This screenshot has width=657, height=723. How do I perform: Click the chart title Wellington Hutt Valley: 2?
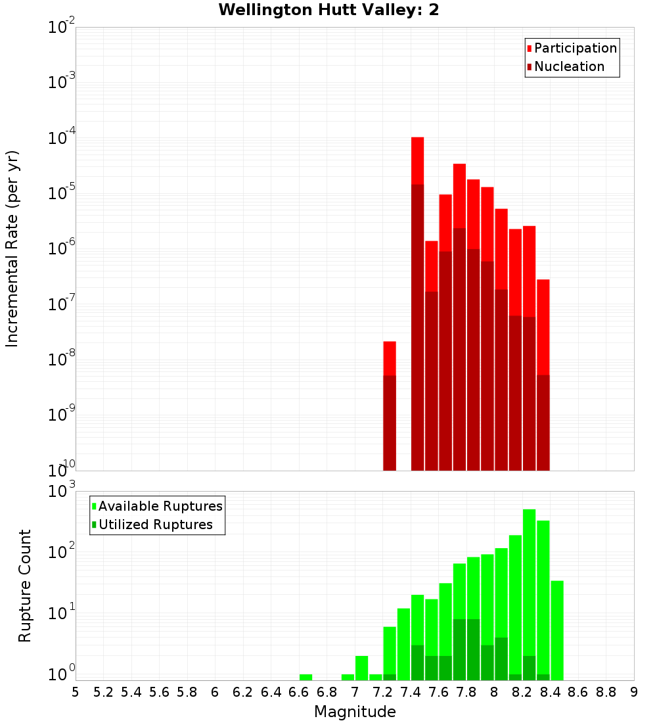coord(328,10)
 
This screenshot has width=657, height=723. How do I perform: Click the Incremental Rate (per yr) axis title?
coord(12,248)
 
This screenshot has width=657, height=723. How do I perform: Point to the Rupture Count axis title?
coord(25,586)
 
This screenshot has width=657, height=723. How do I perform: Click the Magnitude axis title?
coord(355,712)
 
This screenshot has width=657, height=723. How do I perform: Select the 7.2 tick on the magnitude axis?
coord(382,692)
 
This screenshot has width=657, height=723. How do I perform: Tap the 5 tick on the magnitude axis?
coord(76,692)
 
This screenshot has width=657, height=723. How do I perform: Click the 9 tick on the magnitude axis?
coord(634,692)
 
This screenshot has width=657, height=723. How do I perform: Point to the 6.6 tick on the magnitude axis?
coord(299,692)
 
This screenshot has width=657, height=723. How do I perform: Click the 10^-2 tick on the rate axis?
coord(62,28)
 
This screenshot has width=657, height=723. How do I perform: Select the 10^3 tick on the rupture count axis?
coord(62,492)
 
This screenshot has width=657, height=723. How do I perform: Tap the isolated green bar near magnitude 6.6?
coord(306,677)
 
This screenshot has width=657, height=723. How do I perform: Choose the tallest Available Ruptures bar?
coord(529,592)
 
